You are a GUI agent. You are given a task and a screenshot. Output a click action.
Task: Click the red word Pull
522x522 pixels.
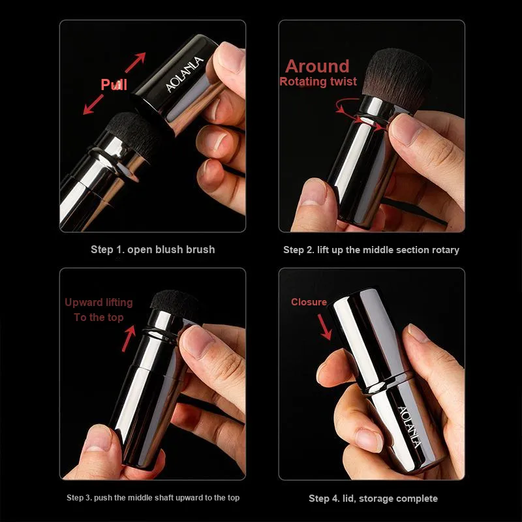114,85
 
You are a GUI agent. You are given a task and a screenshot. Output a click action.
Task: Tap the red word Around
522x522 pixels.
317,66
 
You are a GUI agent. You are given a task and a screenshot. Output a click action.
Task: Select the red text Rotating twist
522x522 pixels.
318,82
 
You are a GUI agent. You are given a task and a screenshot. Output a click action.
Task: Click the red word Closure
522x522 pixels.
309,302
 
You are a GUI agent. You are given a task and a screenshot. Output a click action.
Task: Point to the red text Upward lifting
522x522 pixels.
99,303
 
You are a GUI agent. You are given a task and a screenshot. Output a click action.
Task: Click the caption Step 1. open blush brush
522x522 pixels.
153,249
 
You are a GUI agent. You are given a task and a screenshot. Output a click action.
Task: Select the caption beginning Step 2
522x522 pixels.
371,250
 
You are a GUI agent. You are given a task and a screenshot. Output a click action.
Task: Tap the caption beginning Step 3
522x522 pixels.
153,498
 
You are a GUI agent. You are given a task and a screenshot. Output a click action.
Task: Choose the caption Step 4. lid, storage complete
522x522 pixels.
373,499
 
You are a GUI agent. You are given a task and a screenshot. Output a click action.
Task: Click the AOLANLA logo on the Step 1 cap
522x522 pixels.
185,74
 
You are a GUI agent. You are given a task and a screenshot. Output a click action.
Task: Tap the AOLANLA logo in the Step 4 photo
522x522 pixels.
410,427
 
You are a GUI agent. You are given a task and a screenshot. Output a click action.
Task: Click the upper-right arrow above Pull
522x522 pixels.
136,62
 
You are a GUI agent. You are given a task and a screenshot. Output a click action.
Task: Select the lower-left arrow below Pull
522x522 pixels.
93,104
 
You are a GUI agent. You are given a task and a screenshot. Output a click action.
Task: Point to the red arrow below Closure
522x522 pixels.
324,327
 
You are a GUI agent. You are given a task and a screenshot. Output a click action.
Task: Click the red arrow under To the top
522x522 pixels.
129,339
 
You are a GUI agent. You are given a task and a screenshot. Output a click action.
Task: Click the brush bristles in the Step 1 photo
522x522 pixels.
132,132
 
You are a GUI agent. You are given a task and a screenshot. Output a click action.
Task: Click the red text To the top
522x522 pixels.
99,318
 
